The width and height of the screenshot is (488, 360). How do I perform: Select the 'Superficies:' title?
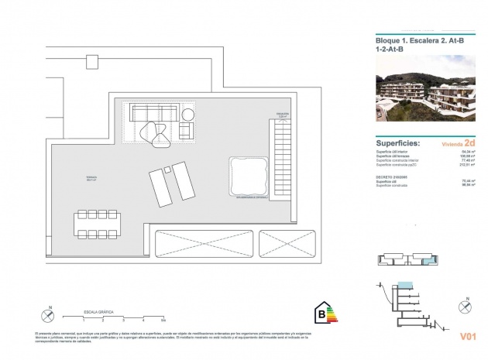coord(398,143)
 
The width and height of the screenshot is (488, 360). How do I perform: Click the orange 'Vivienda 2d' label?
coord(458,143)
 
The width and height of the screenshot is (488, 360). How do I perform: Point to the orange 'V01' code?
coord(467,337)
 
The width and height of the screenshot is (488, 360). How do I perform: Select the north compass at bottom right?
coord(465,307)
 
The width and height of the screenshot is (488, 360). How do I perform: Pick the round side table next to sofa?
coord(188,115)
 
